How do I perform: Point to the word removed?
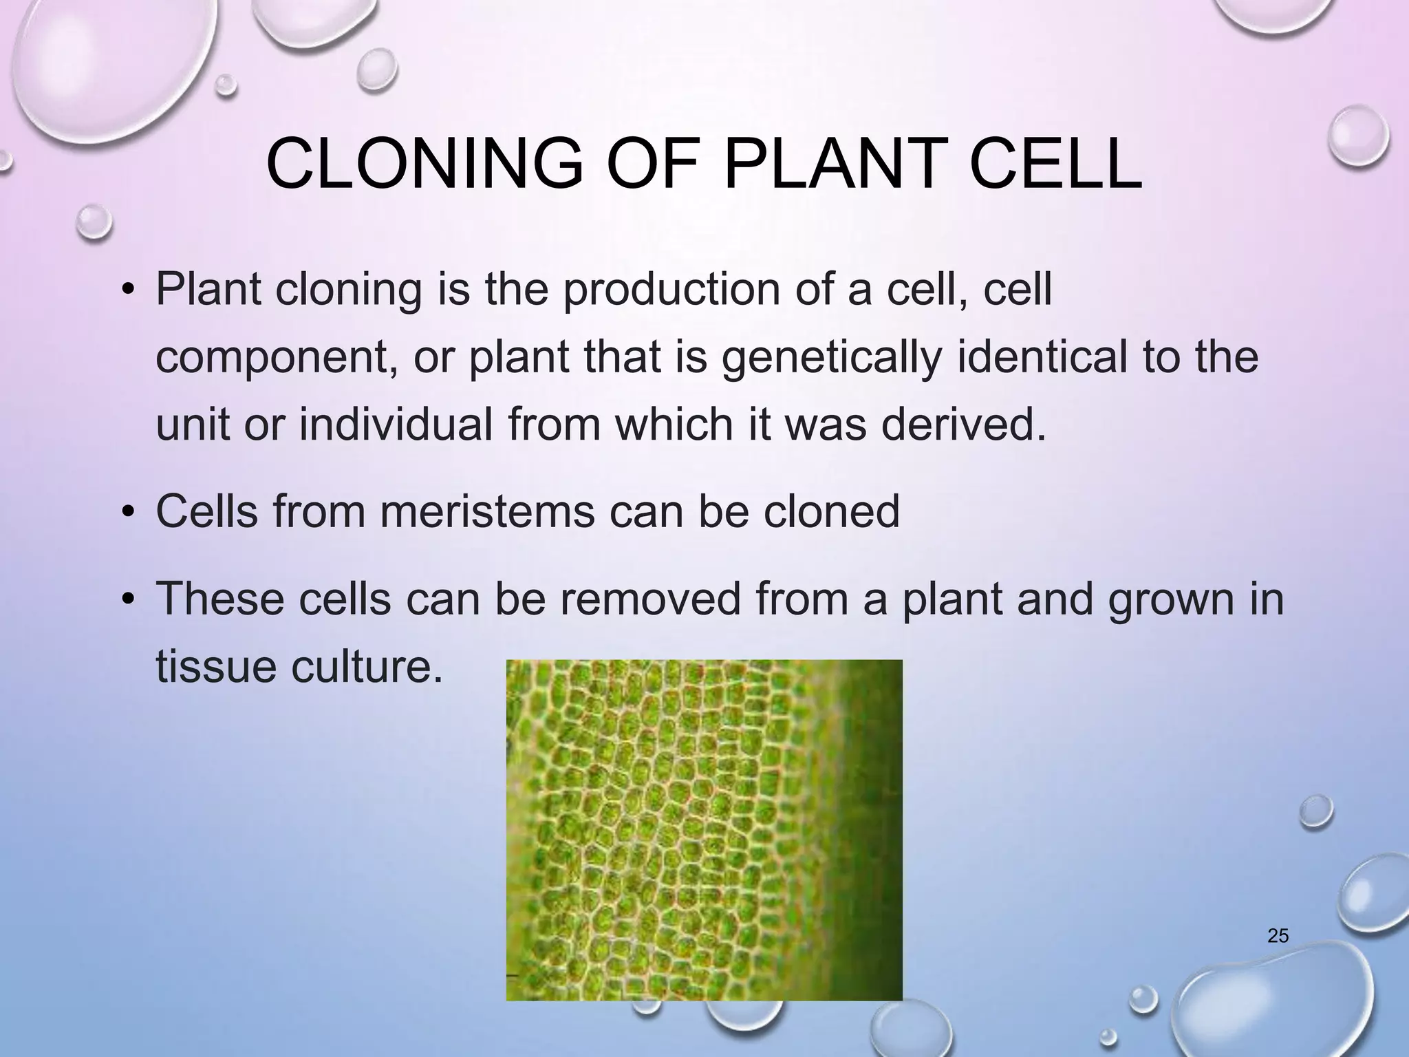tap(649, 598)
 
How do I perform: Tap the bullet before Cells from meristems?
tap(127, 513)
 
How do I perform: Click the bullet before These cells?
tap(127, 599)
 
